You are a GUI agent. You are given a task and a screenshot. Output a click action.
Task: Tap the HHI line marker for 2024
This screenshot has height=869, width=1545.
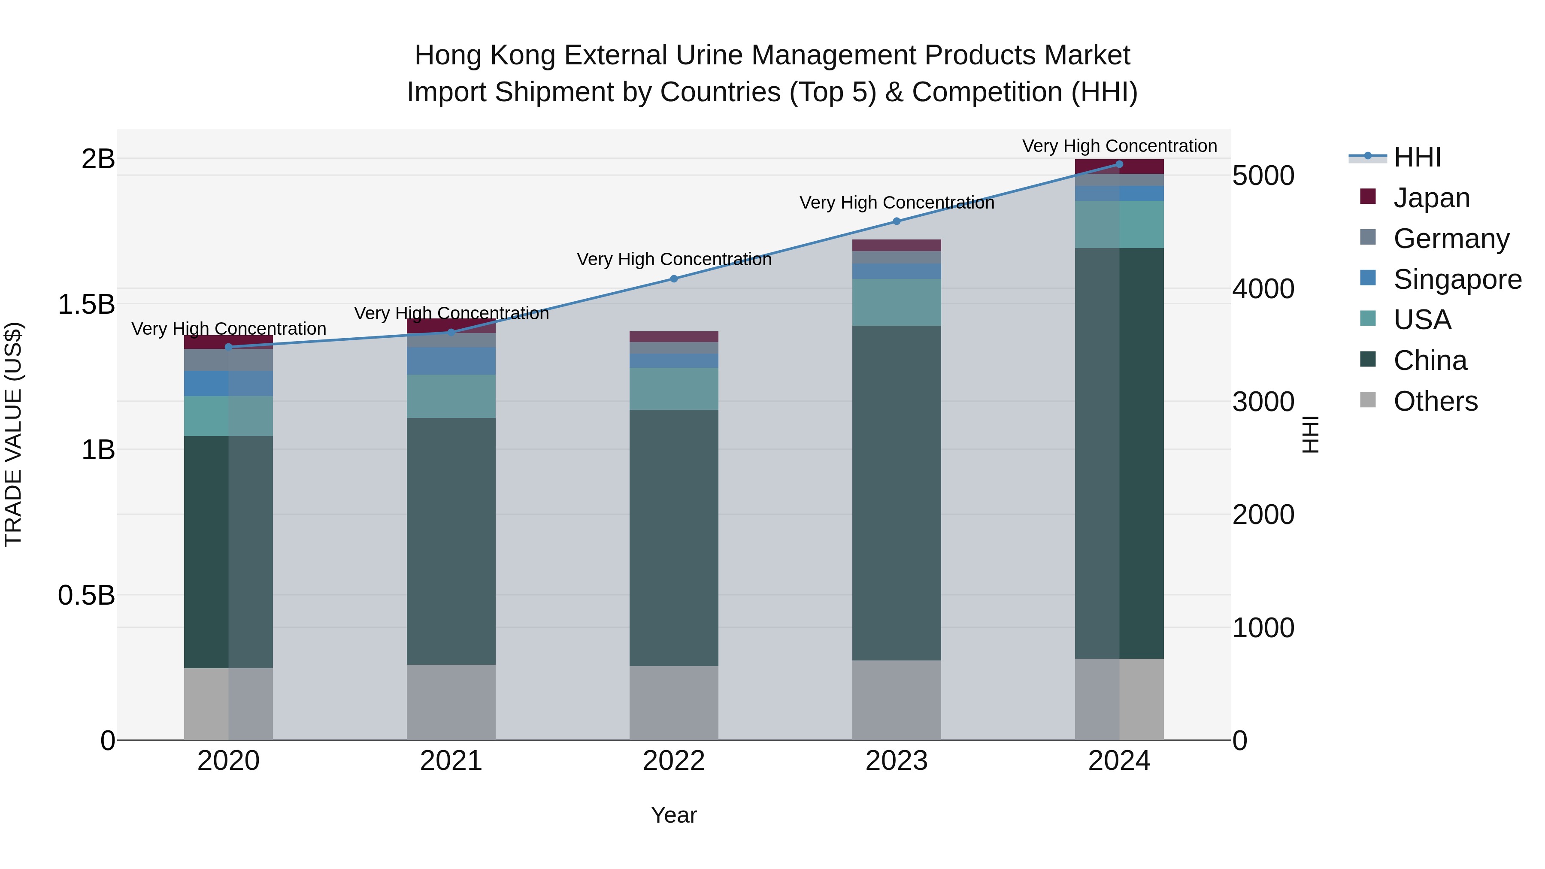[x=1119, y=164]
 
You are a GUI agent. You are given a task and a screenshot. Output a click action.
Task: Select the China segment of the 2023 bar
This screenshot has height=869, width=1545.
[x=897, y=493]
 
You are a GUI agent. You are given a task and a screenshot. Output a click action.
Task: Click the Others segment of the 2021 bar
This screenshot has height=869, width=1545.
[x=451, y=702]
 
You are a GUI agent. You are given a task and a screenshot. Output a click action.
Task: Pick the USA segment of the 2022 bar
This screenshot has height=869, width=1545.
[x=673, y=389]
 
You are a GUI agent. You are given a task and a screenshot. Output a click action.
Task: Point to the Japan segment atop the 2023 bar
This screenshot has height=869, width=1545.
[x=897, y=245]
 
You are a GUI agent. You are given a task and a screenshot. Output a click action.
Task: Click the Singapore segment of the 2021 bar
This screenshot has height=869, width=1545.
[x=451, y=361]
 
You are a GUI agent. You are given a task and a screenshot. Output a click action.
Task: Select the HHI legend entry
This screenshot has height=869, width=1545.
[x=1417, y=157]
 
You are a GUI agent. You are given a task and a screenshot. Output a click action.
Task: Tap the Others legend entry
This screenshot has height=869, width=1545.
[x=1435, y=401]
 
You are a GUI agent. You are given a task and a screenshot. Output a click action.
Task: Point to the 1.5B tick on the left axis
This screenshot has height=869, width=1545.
[x=86, y=305]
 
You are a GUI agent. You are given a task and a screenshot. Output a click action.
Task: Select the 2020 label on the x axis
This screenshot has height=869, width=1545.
[x=228, y=761]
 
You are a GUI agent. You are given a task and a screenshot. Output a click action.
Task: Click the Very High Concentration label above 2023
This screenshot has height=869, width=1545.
[x=897, y=203]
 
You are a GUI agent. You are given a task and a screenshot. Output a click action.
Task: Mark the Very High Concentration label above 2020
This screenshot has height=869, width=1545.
[x=228, y=329]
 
